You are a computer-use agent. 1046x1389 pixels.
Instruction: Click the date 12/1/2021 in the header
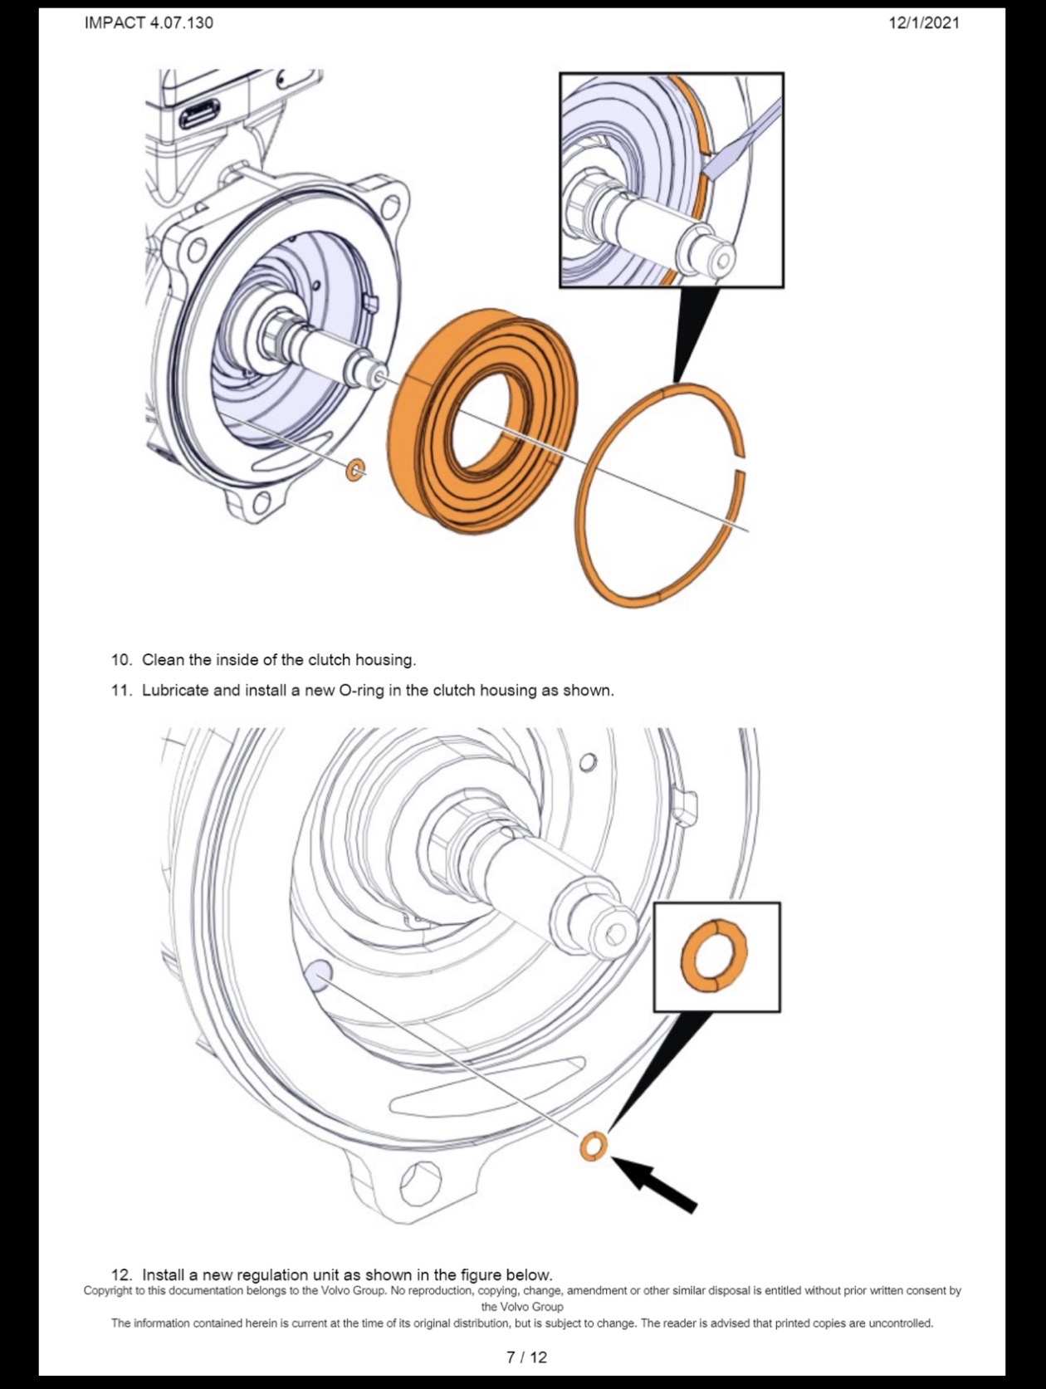924,23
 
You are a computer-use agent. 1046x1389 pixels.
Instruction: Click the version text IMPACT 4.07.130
149,23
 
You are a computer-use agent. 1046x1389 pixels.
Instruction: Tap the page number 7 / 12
526,1357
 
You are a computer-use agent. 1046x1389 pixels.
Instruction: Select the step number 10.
121,660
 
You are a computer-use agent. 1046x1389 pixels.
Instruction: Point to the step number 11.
121,691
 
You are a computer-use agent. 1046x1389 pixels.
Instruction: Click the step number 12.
121,1274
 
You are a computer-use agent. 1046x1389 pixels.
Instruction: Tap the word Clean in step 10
163,660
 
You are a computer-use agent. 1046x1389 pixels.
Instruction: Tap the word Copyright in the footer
107,1291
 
